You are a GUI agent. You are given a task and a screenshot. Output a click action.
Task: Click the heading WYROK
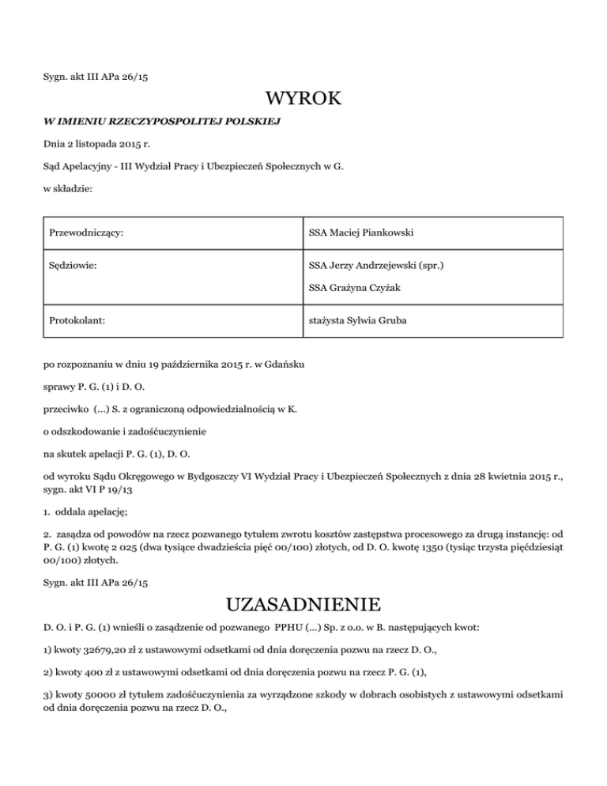point(303,100)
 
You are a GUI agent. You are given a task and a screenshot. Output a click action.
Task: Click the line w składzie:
point(68,190)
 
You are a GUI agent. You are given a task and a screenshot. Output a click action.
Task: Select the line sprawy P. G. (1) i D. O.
point(93,387)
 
